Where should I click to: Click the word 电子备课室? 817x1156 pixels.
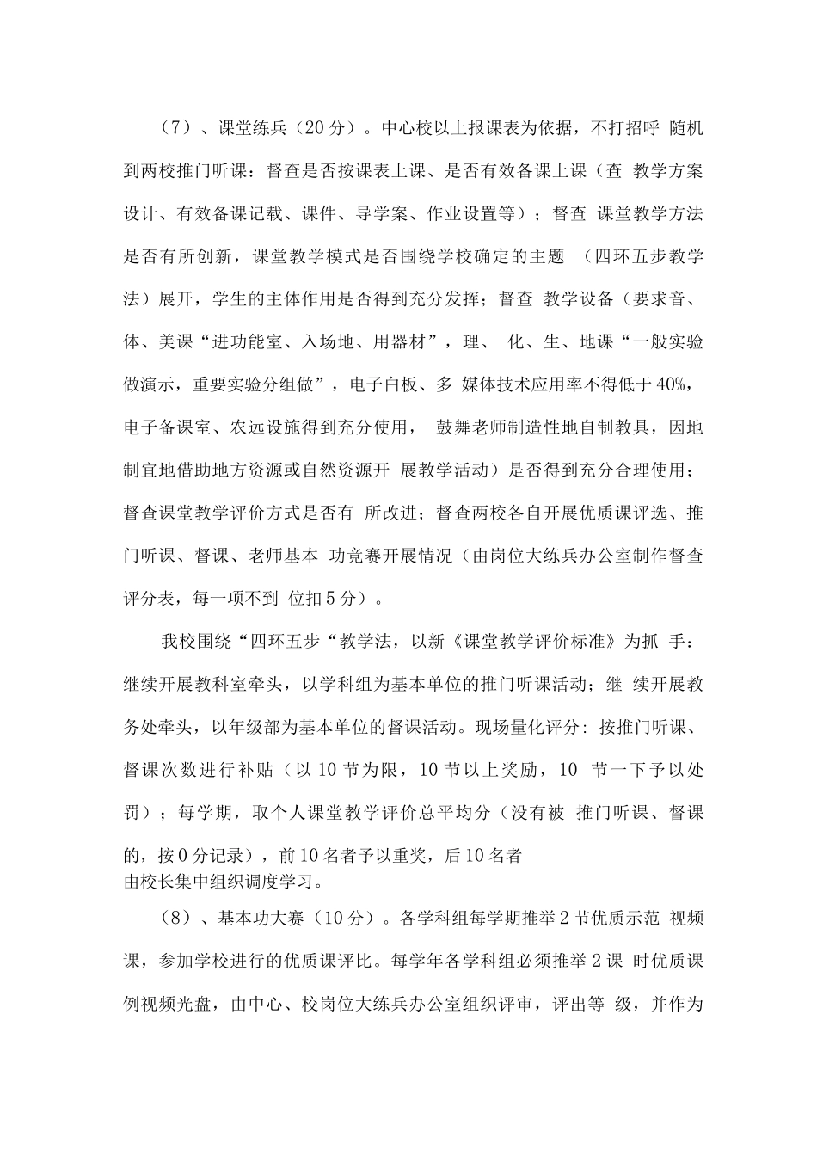[166, 427]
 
